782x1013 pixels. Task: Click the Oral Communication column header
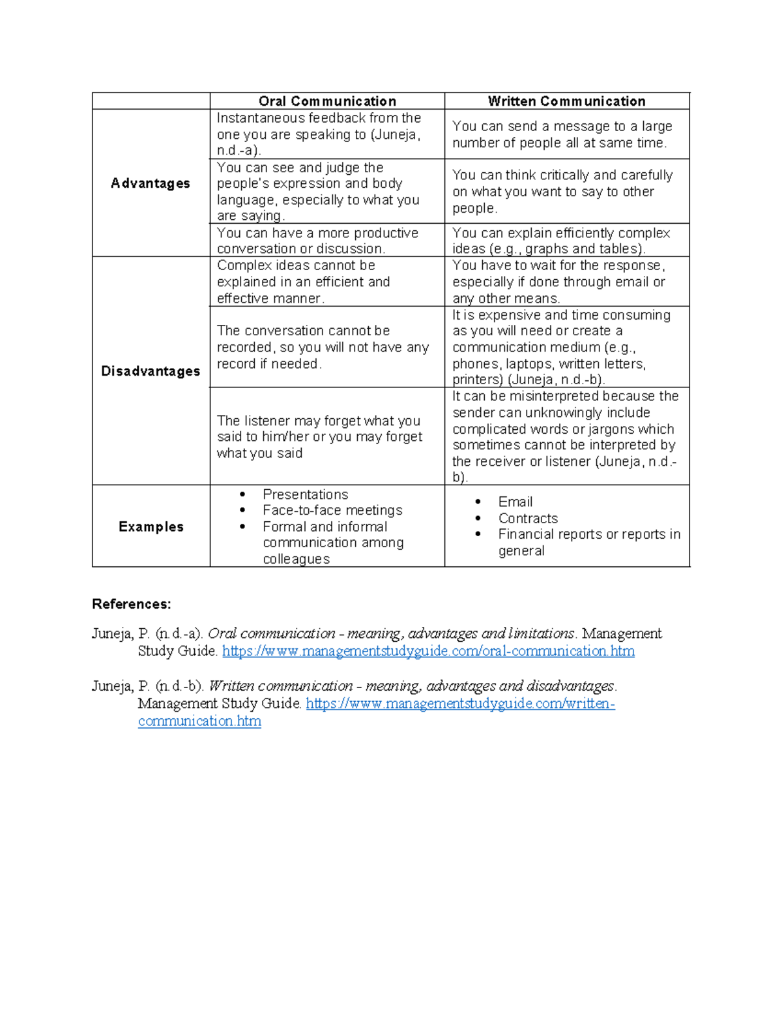tap(327, 101)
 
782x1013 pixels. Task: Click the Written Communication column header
tap(566, 101)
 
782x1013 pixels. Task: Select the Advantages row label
tap(151, 183)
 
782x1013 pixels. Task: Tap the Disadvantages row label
tap(151, 371)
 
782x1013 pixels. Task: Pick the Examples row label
tap(151, 526)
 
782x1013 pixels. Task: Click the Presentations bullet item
tap(305, 494)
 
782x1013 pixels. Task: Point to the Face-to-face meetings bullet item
tap(332, 510)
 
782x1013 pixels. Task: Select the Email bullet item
tap(515, 502)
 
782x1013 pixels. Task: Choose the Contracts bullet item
tap(528, 518)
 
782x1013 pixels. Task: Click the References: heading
tap(131, 604)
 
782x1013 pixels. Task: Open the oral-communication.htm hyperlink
tap(428, 651)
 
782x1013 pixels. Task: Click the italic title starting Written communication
tap(411, 686)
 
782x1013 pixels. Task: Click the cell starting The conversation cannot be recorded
tap(323, 347)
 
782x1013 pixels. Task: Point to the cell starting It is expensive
tap(562, 347)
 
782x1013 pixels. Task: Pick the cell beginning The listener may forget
tap(319, 436)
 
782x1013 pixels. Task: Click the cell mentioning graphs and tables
tap(560, 241)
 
